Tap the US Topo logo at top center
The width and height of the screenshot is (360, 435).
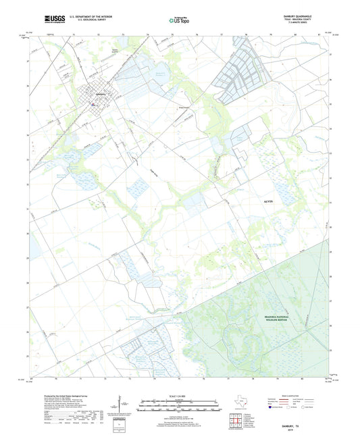coord(178,21)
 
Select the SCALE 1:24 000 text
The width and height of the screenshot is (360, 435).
coord(180,396)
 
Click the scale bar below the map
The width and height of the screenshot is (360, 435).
coord(180,407)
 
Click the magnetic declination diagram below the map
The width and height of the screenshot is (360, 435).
coord(122,408)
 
